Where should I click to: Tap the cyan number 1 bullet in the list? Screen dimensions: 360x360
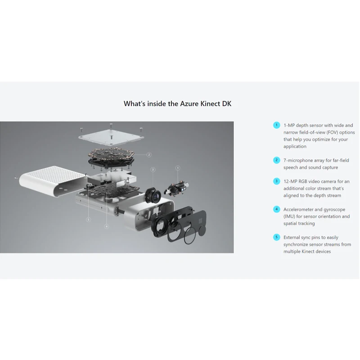pos(276,125)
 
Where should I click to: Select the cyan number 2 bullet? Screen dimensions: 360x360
pos(276,160)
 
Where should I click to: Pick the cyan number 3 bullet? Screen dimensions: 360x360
pos(276,181)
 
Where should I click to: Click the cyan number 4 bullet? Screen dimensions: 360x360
pos(276,209)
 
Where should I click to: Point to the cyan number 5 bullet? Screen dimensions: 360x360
pos(276,237)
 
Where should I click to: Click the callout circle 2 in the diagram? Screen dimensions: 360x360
pos(149,155)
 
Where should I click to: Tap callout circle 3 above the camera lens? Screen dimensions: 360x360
pos(153,169)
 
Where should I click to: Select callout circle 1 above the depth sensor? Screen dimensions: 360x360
pos(178,168)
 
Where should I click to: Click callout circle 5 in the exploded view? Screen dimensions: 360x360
pos(89,220)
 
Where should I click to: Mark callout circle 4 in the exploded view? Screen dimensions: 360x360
pos(106,226)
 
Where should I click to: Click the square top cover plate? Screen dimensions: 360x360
pos(111,135)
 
